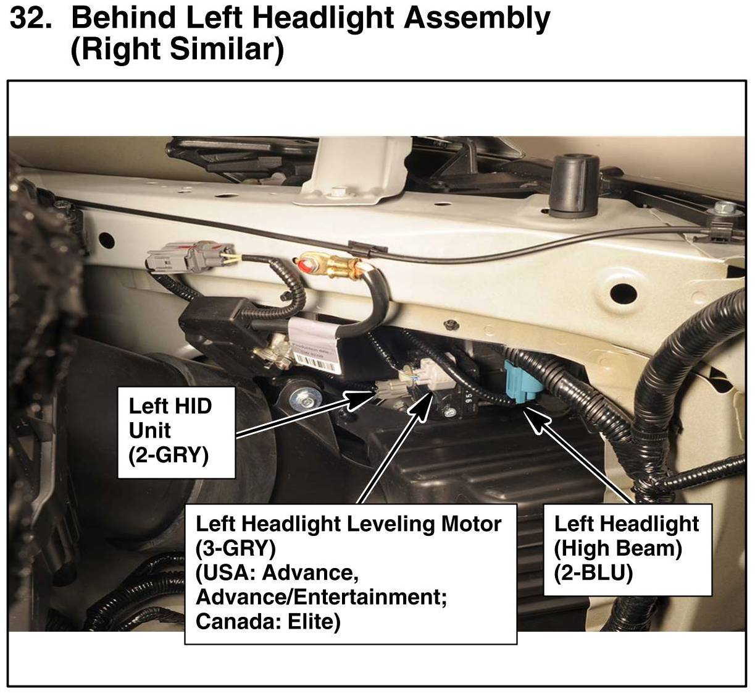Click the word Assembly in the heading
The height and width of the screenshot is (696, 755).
pos(477,19)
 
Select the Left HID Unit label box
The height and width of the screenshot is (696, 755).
pos(177,433)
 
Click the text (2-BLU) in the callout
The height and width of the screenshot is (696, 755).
pos(593,574)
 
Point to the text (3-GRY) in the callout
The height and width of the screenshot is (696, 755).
pos(236,549)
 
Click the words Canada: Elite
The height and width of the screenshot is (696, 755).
pos(268,622)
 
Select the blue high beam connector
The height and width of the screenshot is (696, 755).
pos(523,381)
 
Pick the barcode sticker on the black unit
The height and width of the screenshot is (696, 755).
pos(316,364)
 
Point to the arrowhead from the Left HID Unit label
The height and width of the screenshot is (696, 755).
pos(358,400)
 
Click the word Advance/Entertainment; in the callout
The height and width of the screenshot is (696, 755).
pos(321,598)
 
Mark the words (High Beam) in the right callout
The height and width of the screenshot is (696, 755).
pos(617,549)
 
